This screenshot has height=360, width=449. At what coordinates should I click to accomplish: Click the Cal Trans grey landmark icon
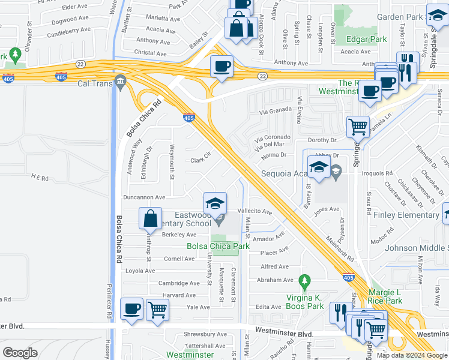(x=121, y=81)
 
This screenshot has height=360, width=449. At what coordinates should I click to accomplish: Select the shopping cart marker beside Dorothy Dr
(x=358, y=127)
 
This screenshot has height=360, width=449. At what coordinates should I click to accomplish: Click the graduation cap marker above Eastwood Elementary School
(x=215, y=202)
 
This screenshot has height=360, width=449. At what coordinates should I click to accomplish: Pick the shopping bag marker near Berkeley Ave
(x=150, y=218)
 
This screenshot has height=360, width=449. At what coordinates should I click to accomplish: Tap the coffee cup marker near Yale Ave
(x=131, y=308)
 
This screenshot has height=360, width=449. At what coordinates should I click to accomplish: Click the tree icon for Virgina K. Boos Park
(x=305, y=281)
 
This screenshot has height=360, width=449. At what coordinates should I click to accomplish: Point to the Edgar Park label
(x=366, y=40)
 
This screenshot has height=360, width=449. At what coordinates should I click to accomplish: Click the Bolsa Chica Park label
(x=218, y=246)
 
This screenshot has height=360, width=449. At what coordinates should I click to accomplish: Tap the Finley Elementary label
(x=407, y=215)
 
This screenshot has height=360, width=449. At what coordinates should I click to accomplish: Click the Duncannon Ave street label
(x=143, y=197)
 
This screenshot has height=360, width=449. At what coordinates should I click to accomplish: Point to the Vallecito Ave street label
(x=255, y=212)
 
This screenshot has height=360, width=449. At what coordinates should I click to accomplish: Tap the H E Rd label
(x=40, y=178)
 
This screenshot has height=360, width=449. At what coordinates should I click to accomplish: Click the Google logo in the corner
(x=20, y=352)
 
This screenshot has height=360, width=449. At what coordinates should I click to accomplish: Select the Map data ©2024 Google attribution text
(x=411, y=355)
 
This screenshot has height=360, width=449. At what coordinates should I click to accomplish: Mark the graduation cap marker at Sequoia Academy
(x=319, y=167)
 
